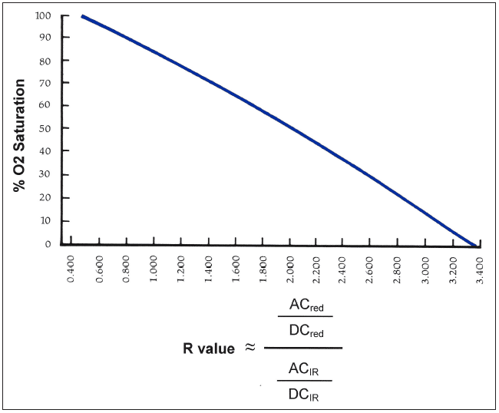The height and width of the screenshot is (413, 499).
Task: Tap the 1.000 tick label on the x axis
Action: coord(154,272)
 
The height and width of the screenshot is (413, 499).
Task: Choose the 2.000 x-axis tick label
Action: coord(290,272)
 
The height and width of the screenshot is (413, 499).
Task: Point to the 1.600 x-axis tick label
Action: coord(236,272)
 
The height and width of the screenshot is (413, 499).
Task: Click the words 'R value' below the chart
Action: coord(210,349)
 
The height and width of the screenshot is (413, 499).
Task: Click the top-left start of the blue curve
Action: coord(82,16)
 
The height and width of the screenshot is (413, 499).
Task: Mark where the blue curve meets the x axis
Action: coord(474,245)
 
